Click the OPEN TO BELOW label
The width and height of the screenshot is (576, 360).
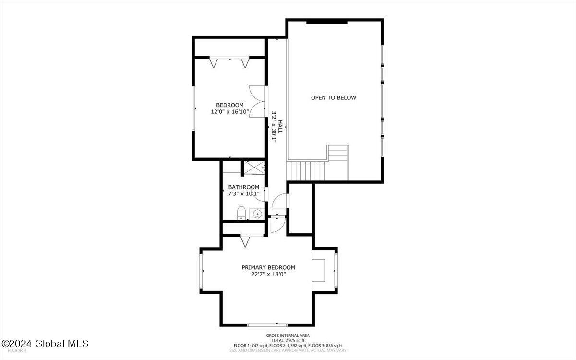[x=334, y=98]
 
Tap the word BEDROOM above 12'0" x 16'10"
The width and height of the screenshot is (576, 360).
[x=229, y=105]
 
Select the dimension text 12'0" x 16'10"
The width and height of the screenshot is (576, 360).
[x=229, y=112]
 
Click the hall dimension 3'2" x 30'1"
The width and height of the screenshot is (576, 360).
[x=274, y=127]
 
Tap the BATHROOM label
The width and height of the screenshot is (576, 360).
[x=243, y=187]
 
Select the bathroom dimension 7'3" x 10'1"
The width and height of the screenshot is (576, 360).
[x=243, y=194]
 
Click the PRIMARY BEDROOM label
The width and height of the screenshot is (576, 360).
[x=268, y=268]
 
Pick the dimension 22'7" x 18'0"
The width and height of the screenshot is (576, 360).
[x=268, y=275]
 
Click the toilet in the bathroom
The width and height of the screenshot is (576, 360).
[x=241, y=213]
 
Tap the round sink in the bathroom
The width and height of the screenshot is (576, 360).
[x=257, y=214]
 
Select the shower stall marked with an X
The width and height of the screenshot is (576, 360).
[x=254, y=168]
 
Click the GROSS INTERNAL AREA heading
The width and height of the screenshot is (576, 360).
[x=288, y=336]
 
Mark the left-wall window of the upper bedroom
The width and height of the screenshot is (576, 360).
[x=194, y=108]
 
